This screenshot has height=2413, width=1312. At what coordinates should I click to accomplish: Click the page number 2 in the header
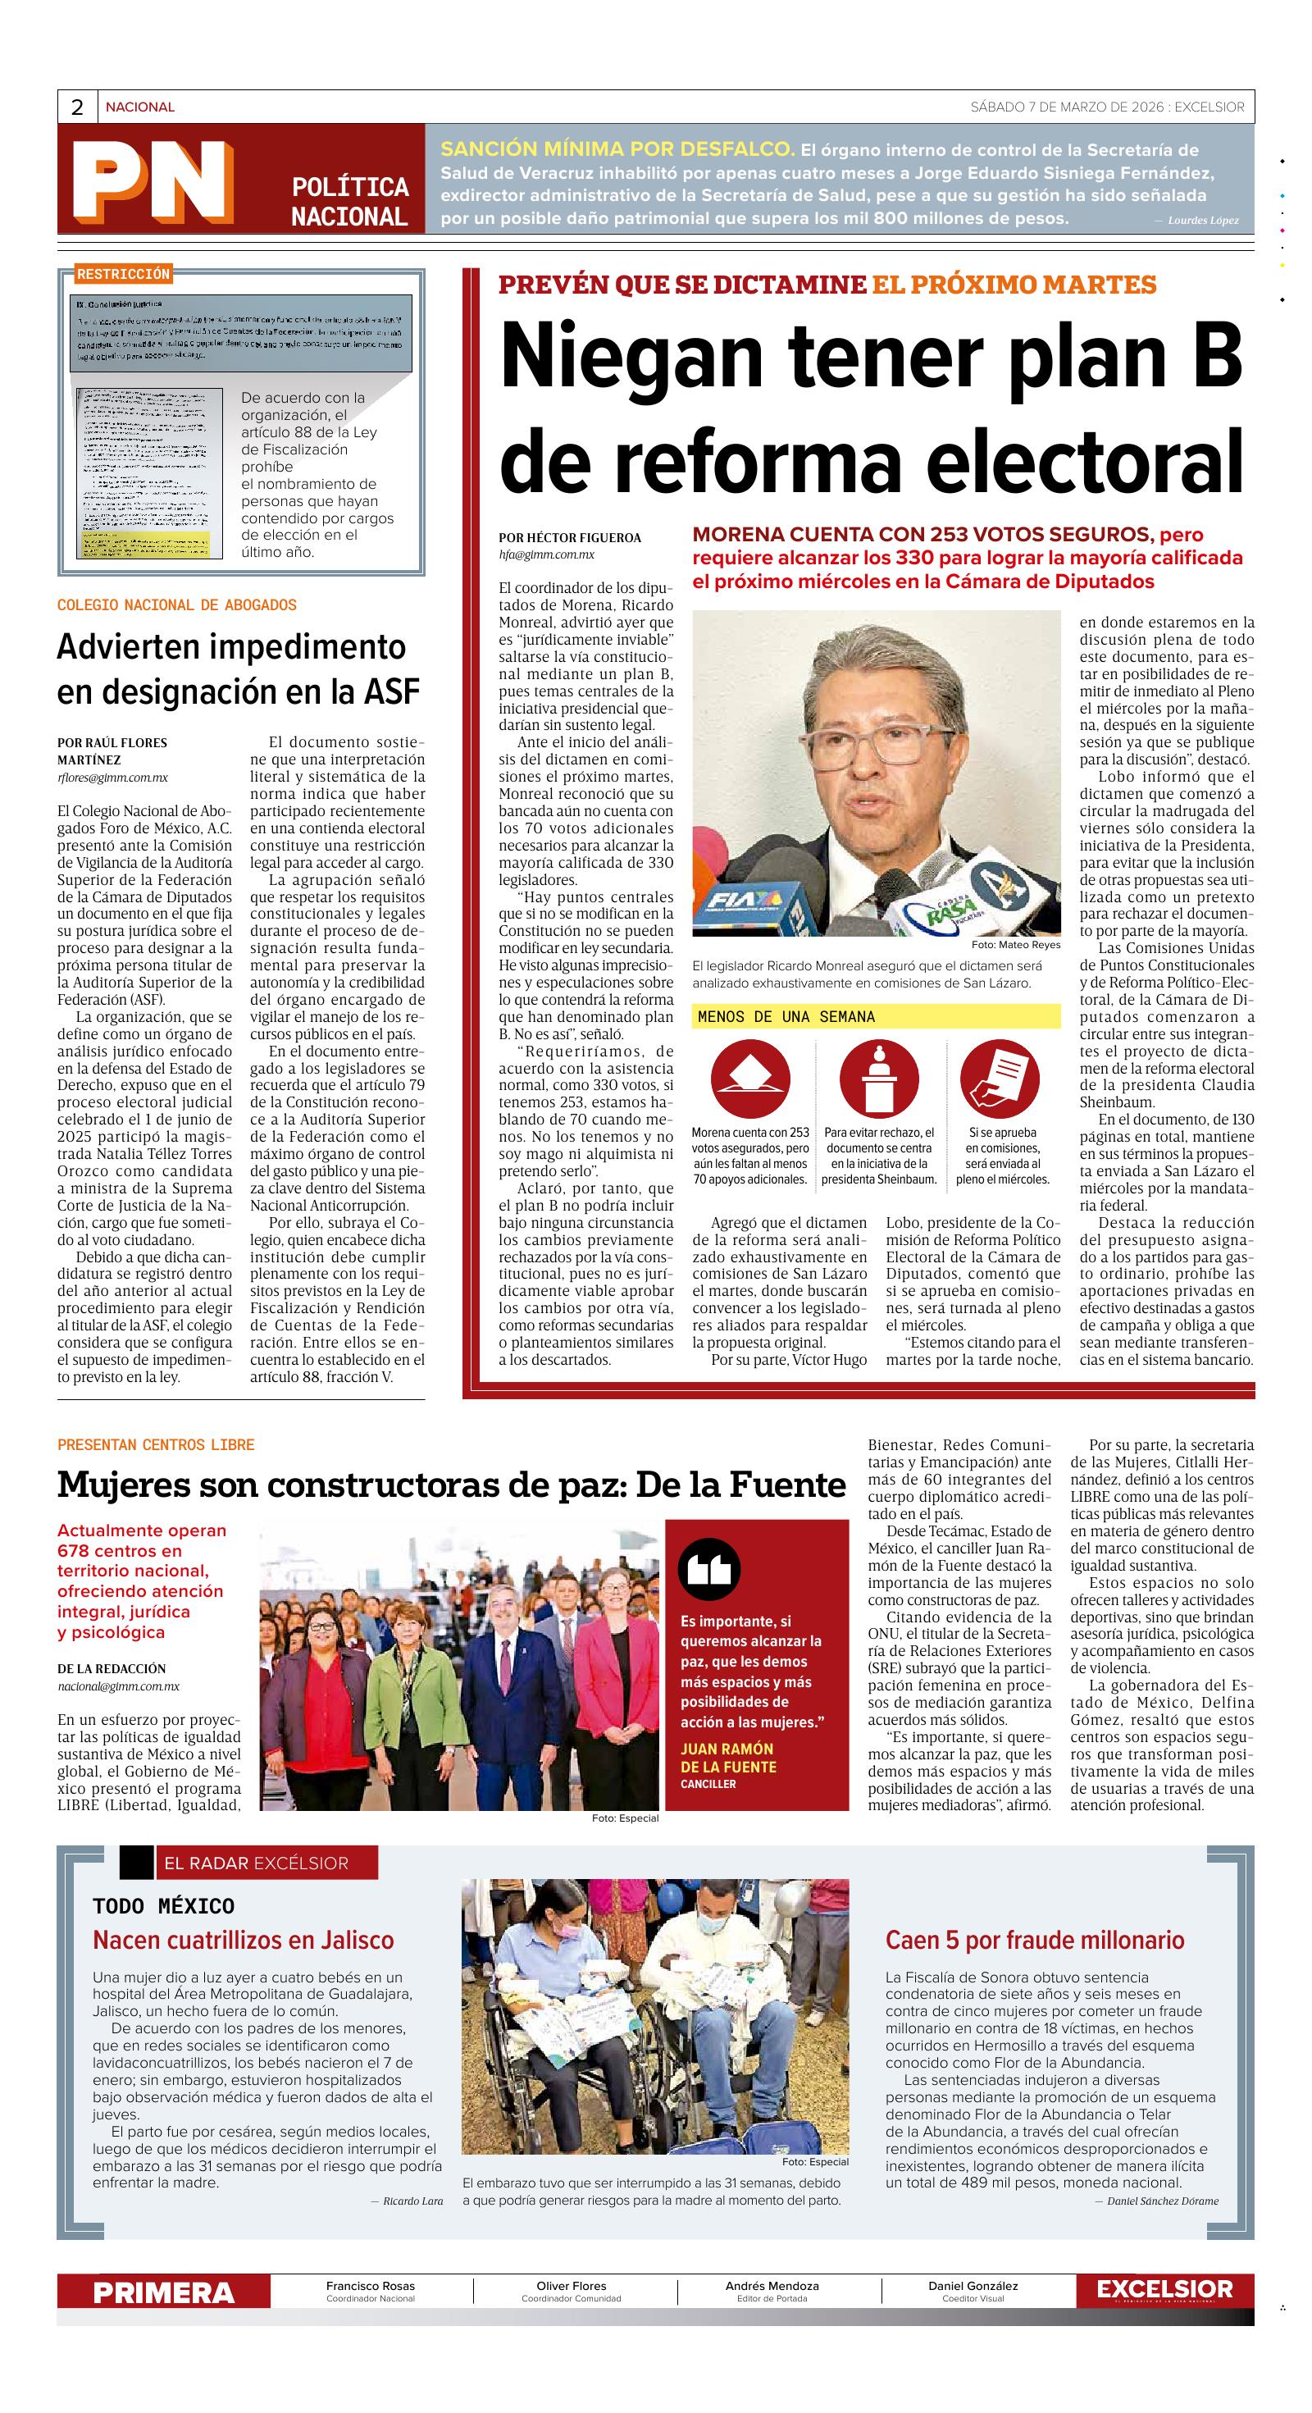pos(77,107)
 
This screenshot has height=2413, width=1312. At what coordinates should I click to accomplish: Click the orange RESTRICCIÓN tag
pos(124,275)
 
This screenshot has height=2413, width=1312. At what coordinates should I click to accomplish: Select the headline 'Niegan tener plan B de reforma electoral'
pos(871,408)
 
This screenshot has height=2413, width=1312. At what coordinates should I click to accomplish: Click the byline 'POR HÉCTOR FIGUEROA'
pos(569,538)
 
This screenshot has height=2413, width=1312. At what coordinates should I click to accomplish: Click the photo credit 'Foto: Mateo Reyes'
pos(1016,944)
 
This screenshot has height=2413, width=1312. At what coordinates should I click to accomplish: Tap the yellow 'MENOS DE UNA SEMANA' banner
pos(876,1017)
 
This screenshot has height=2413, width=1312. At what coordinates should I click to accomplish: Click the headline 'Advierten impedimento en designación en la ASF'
pos(238,668)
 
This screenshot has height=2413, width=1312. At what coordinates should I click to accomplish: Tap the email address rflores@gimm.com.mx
pos(112,778)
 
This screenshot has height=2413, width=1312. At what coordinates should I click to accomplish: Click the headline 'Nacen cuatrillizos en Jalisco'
pos(244,1940)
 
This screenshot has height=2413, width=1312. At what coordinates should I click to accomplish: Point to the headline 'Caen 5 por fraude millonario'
pos(1035,1940)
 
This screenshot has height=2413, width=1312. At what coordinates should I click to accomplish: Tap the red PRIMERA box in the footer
pos(164,2293)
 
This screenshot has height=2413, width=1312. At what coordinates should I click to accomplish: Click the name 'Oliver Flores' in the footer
pos(572,2287)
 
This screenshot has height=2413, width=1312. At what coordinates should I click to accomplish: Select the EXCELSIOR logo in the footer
pos(1164,2289)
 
